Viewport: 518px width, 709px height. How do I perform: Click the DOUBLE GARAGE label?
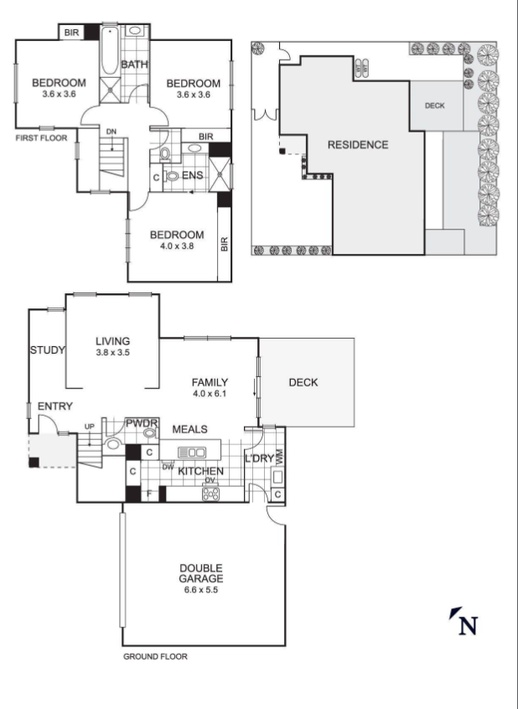pos(201,573)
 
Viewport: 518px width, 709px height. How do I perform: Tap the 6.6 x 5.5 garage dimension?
pos(201,590)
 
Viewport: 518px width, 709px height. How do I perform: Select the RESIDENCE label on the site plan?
pos(358,145)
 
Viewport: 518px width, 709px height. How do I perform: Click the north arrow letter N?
pos(469,626)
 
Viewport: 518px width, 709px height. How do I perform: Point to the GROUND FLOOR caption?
pos(155,656)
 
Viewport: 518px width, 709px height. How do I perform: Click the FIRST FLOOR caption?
pos(41,138)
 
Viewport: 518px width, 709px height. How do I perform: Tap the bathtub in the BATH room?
pos(110,50)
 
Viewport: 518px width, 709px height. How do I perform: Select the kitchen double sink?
pos(192,453)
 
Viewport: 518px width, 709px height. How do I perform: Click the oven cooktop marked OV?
pos(210,494)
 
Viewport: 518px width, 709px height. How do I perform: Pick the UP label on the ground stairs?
pos(90,427)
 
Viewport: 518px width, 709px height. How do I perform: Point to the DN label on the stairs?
pos(111,132)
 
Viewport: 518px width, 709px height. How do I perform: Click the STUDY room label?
pos(48,350)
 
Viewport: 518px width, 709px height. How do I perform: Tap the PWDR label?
pos(142,423)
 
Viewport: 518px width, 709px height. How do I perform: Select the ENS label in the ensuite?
pos(193,175)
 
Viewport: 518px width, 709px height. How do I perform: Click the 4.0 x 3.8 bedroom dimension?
pos(177,246)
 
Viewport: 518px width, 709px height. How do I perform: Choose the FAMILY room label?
pos(210,382)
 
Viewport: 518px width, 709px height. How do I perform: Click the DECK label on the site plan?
pos(435,106)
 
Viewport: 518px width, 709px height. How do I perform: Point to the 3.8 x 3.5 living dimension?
pos(112,353)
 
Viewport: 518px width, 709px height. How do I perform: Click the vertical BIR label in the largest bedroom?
pos(225,244)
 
